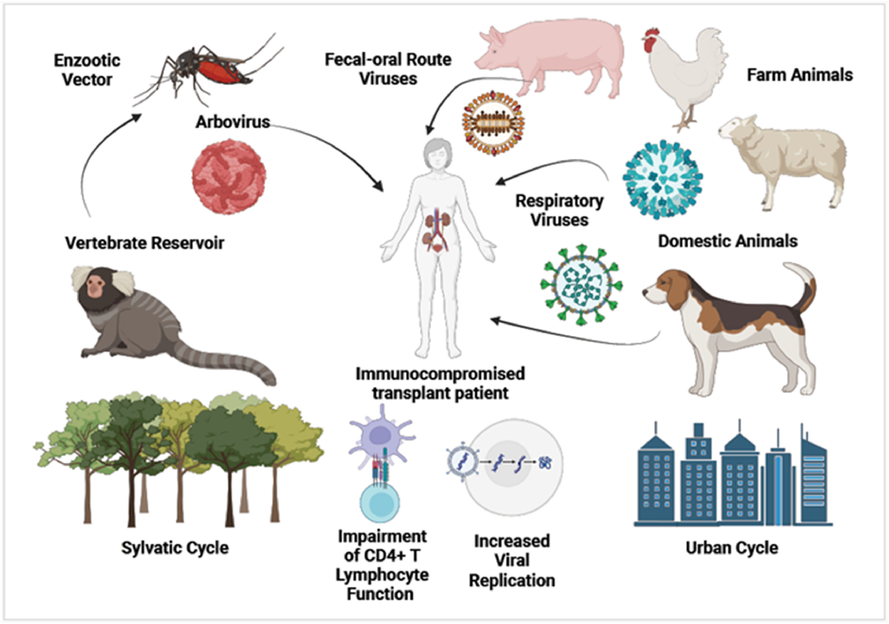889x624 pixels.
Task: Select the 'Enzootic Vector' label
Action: pyautogui.click(x=87, y=70)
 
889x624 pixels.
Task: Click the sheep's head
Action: pyautogui.click(x=736, y=130)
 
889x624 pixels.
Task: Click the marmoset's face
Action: pyautogui.click(x=95, y=287)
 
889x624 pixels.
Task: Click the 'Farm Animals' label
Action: pyautogui.click(x=800, y=75)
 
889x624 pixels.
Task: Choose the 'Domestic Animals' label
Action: pyautogui.click(x=728, y=241)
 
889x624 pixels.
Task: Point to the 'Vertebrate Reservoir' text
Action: pyautogui.click(x=144, y=243)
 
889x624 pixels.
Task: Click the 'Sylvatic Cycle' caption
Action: pyautogui.click(x=175, y=548)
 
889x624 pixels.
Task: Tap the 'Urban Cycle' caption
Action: pyautogui.click(x=732, y=548)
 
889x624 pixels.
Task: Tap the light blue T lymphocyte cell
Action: pyautogui.click(x=379, y=503)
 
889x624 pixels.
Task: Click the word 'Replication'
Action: pyautogui.click(x=512, y=581)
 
